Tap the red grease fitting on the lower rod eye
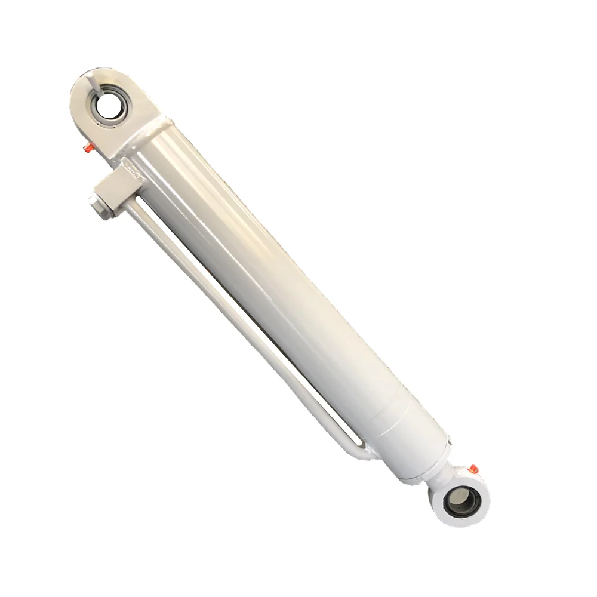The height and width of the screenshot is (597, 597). coord(472,469)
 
